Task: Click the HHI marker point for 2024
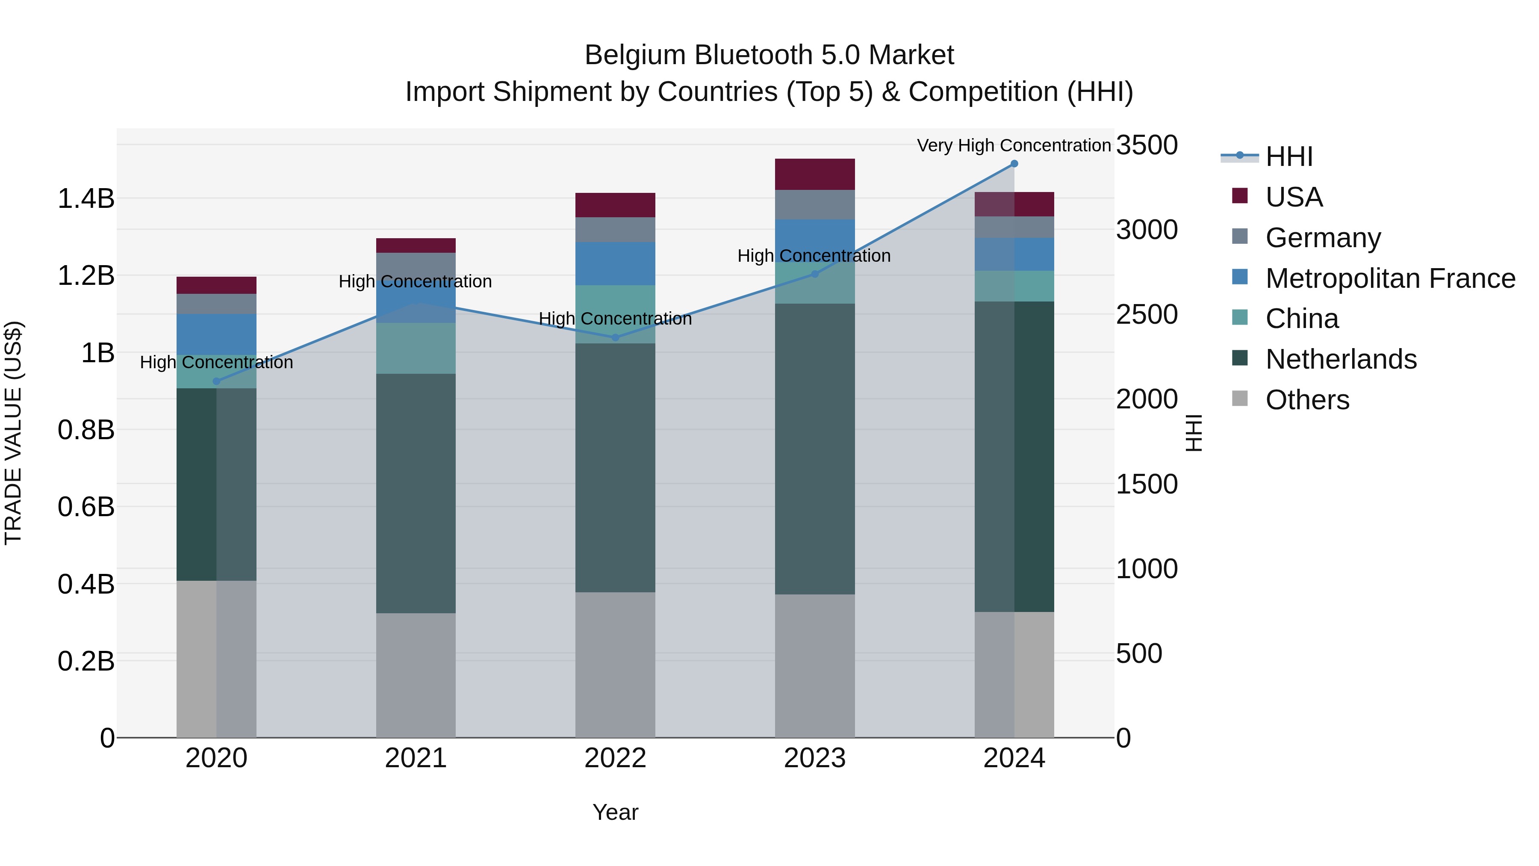pos(1014,164)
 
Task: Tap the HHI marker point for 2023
pos(814,274)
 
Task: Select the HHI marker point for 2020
pos(216,381)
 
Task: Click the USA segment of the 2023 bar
pos(814,174)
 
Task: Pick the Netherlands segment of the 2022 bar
pos(615,467)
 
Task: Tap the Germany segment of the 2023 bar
pos(814,205)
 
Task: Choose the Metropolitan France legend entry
pos(1390,278)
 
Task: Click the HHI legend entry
pos(1288,157)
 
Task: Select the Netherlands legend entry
pos(1341,359)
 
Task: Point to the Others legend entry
pos(1307,400)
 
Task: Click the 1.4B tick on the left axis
pos(86,198)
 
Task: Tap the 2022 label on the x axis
pos(615,758)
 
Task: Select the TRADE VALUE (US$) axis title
pos(13,433)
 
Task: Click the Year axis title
pos(615,812)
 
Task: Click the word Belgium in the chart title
pos(634,55)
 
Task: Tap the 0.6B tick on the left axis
pos(86,507)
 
